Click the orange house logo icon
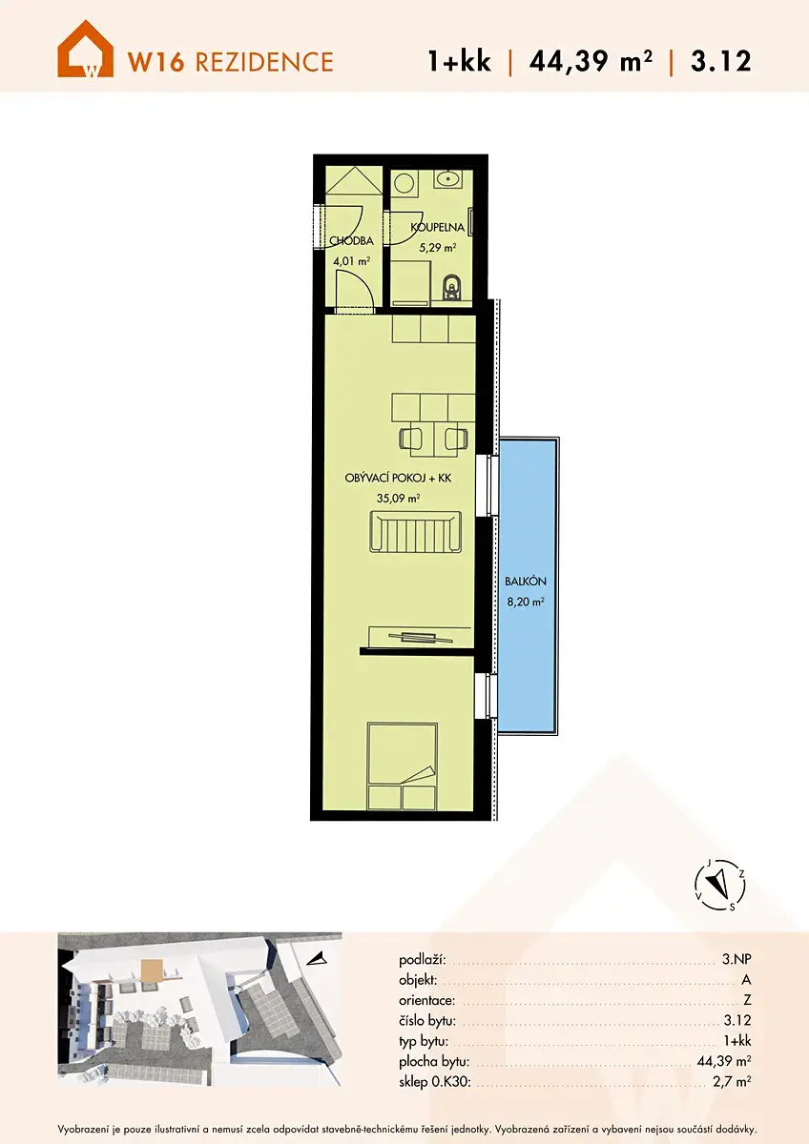tap(85, 49)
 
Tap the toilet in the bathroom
tap(452, 287)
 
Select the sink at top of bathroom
tap(448, 179)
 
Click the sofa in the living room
tap(416, 532)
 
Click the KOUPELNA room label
tap(438, 227)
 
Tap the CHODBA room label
tap(351, 240)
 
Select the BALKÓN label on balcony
tap(526, 582)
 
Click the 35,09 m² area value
tap(398, 498)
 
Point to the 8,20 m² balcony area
tap(526, 602)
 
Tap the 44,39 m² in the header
tap(591, 61)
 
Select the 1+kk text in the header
tap(460, 61)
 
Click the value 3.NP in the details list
tap(736, 960)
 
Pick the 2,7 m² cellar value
tap(732, 1081)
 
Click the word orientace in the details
tap(426, 1000)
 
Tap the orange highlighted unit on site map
tap(152, 970)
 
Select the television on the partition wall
tap(421, 638)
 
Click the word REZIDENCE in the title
tap(264, 62)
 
